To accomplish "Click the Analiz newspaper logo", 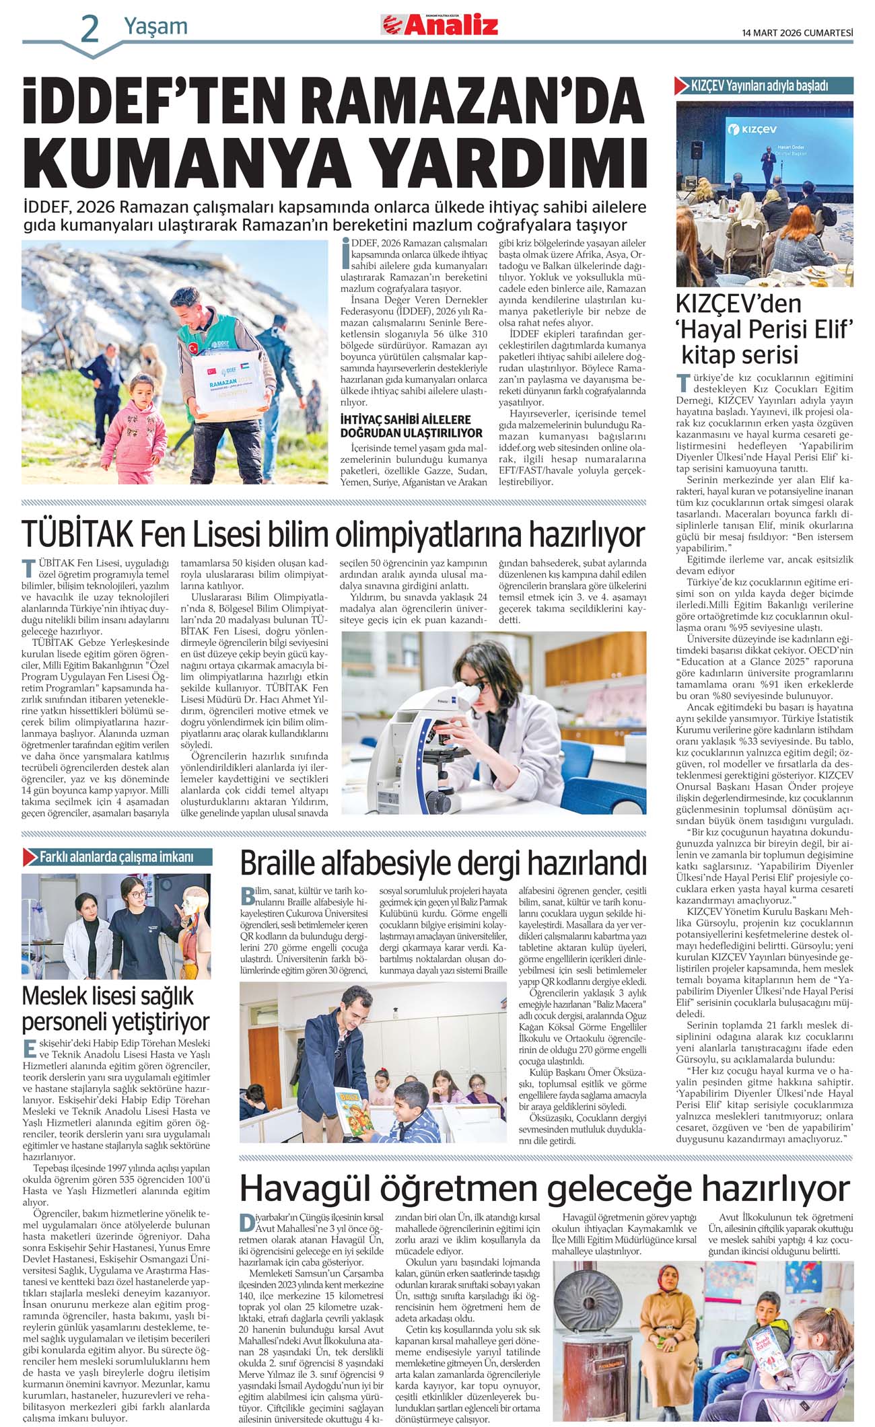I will (x=440, y=25).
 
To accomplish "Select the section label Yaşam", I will (x=155, y=27).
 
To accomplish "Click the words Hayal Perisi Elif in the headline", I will (x=765, y=330).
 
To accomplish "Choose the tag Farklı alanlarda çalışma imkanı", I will (x=116, y=856).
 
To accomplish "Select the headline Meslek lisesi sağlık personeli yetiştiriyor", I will (x=116, y=1009).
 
